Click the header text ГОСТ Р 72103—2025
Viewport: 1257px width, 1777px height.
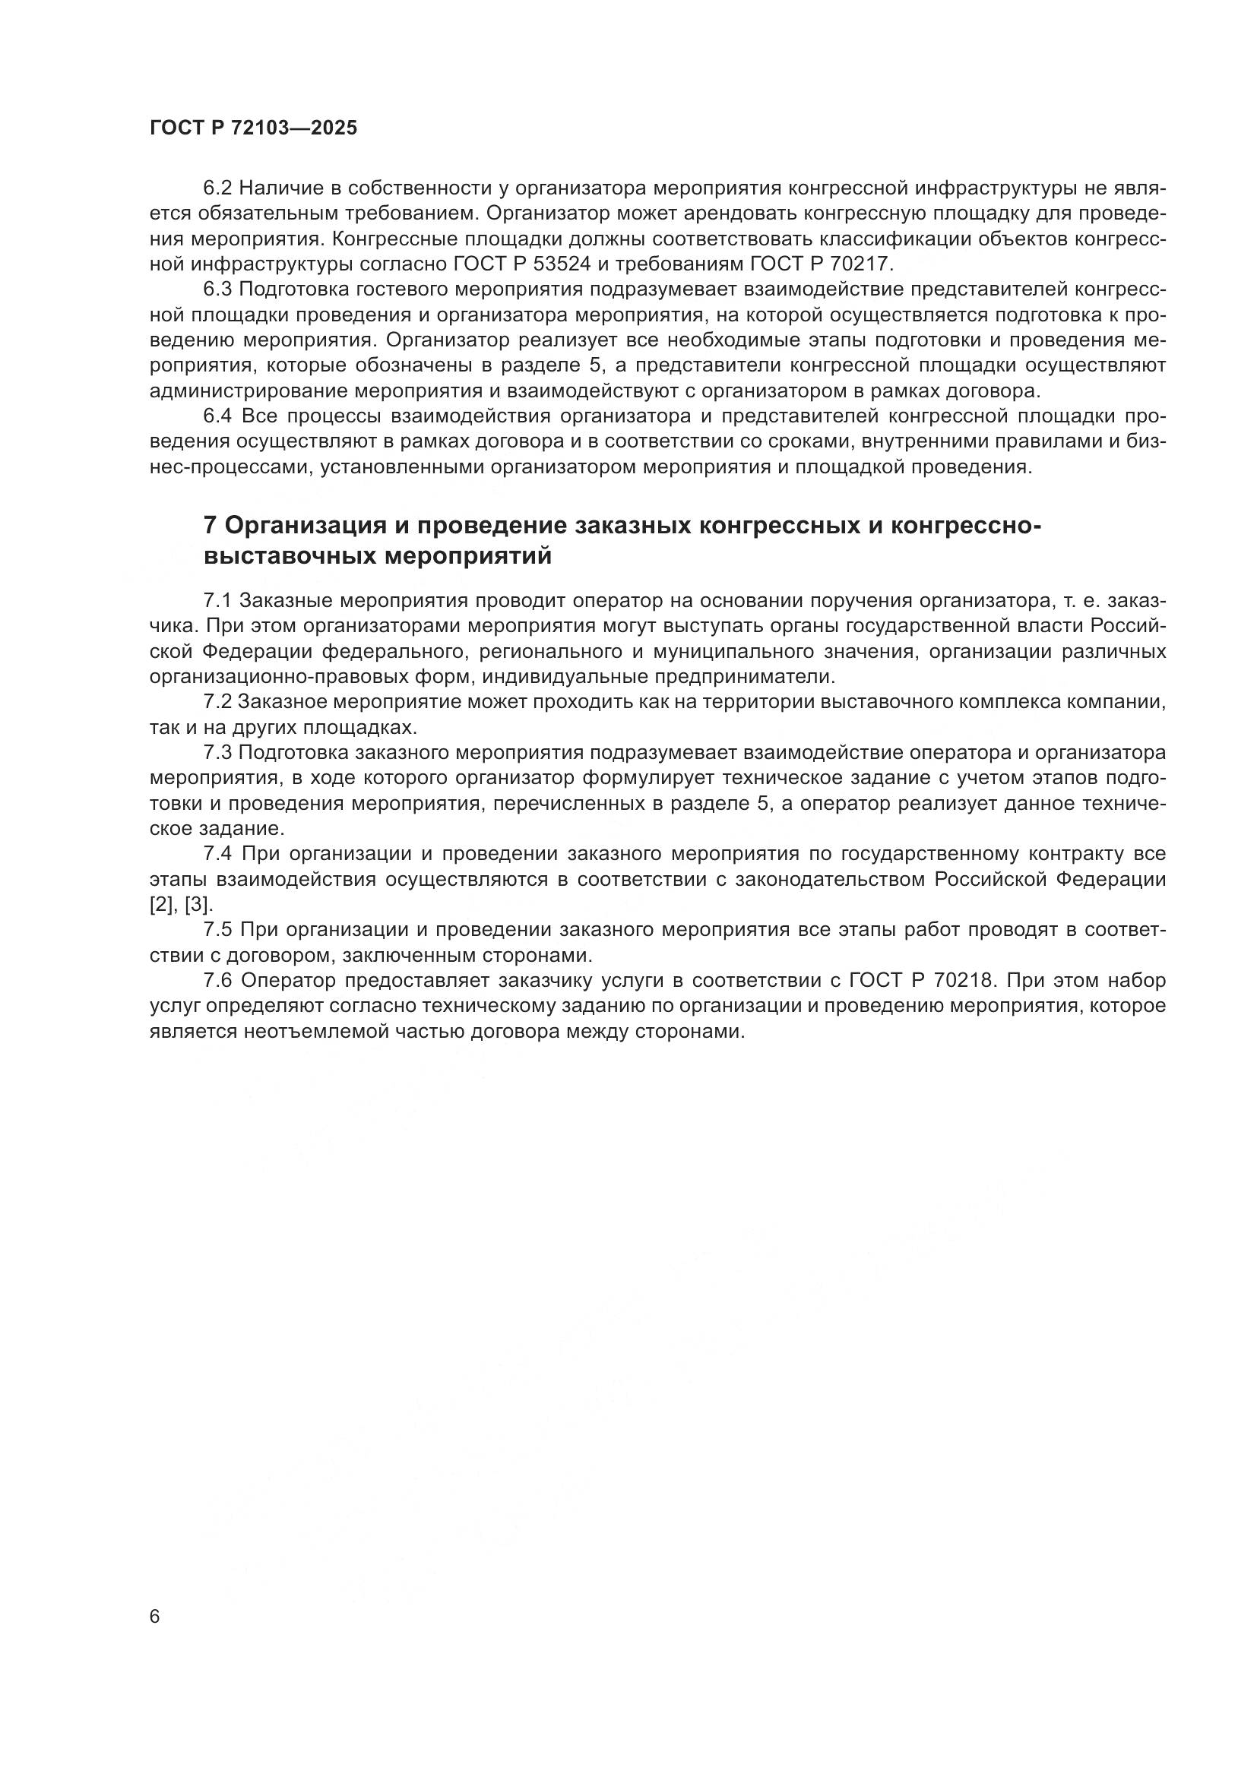pyautogui.click(x=253, y=128)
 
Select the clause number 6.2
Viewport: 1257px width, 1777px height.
pyautogui.click(x=217, y=188)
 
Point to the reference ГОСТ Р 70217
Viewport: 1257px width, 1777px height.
pyautogui.click(x=822, y=264)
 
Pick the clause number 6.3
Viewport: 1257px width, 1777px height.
pyautogui.click(x=217, y=289)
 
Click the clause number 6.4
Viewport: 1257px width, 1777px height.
pyautogui.click(x=217, y=416)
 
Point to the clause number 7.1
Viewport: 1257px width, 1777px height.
pyautogui.click(x=217, y=601)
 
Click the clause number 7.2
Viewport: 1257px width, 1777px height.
pyautogui.click(x=217, y=702)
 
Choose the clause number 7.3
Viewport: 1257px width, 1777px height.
pyautogui.click(x=217, y=752)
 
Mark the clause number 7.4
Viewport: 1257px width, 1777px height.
pyautogui.click(x=217, y=854)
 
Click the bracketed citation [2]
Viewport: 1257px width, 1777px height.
pyautogui.click(x=163, y=904)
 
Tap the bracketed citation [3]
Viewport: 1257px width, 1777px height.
pyautogui.click(x=198, y=904)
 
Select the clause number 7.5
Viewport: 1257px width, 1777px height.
pyautogui.click(x=217, y=929)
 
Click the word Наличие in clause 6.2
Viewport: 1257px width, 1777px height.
pyautogui.click(x=274, y=188)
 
